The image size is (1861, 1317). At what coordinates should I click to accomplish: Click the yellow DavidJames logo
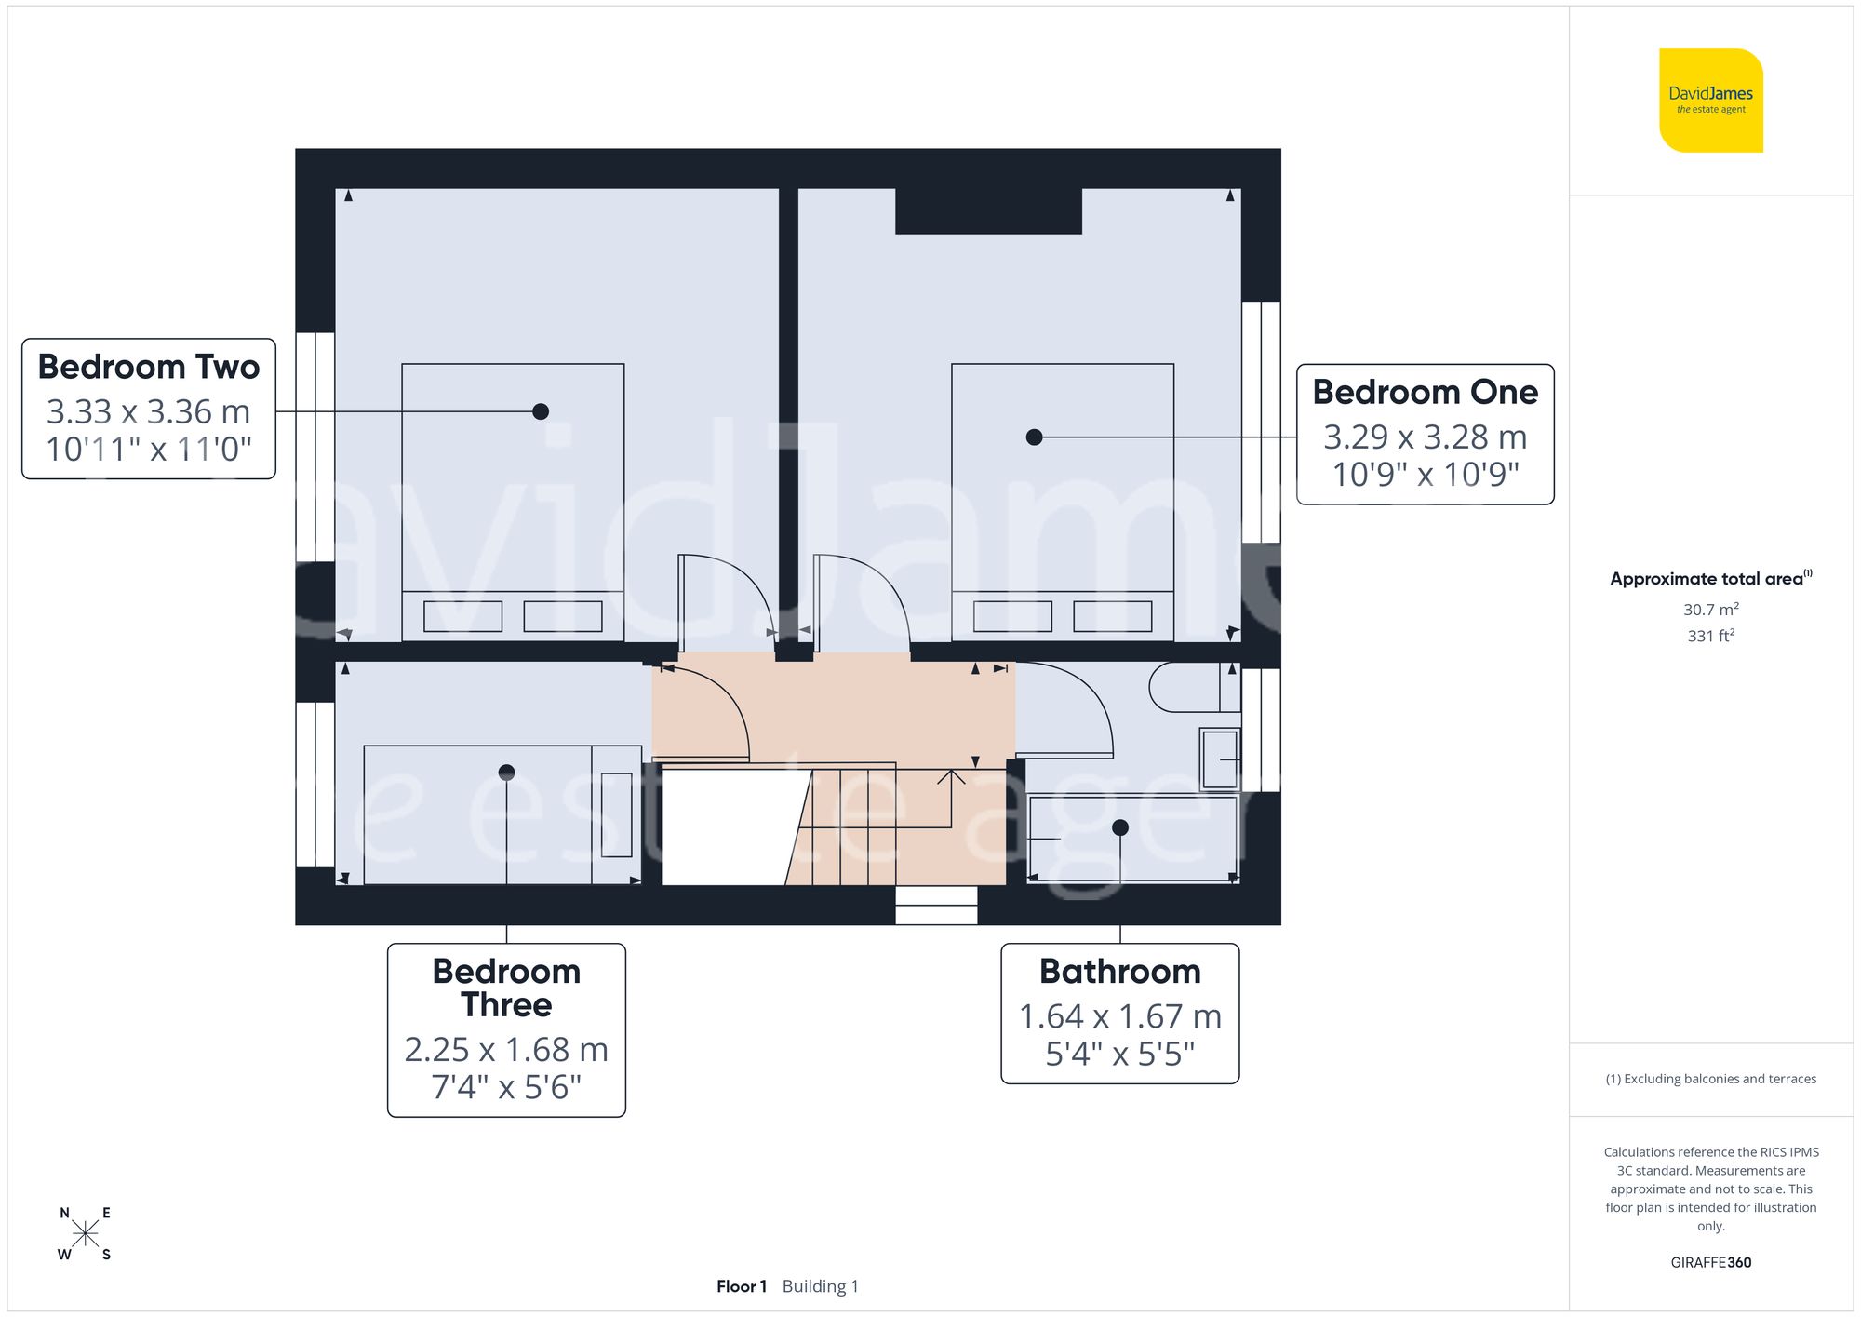point(1710,101)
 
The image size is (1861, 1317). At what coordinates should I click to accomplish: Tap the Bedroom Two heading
point(149,367)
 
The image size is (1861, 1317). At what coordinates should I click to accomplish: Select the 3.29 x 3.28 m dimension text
point(1425,437)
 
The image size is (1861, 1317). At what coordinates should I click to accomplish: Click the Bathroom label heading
point(1119,972)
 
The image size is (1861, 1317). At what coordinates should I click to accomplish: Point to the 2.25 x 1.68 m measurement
point(506,1050)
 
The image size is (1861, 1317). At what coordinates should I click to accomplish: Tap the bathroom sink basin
point(1220,759)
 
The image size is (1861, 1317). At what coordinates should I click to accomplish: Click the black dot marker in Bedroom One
point(1034,437)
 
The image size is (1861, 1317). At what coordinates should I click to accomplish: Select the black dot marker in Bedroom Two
point(541,411)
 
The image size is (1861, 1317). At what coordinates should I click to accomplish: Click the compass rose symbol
point(85,1234)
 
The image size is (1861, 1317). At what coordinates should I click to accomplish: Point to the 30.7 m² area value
point(1710,610)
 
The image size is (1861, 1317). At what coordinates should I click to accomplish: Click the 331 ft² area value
point(1710,636)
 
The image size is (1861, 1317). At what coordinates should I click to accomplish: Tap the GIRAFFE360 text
point(1710,1262)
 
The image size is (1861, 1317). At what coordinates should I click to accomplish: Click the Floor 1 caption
point(742,1286)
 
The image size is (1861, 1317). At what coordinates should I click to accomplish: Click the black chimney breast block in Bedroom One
point(988,211)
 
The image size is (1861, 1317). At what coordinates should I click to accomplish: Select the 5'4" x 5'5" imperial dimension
point(1119,1055)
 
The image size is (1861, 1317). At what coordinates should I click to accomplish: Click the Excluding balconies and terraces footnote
point(1710,1079)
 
